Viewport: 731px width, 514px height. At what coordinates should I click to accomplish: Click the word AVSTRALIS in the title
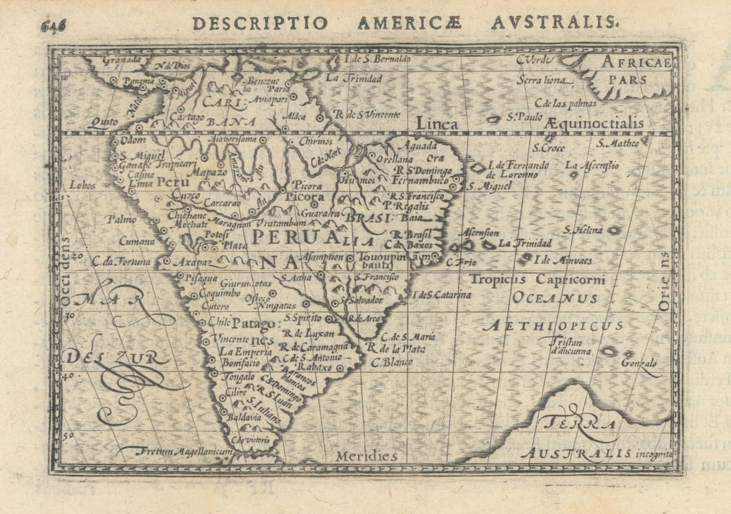tap(552, 23)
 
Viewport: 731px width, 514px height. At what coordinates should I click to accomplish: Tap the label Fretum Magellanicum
tap(178, 452)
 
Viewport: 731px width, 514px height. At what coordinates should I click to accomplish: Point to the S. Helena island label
tap(583, 230)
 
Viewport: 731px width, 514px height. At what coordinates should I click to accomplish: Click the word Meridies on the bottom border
tap(366, 456)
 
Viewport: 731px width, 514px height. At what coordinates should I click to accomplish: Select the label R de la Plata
tap(395, 348)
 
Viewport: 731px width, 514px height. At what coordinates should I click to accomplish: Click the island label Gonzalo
tap(639, 363)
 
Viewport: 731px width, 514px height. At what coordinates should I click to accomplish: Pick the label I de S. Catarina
tap(442, 295)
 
